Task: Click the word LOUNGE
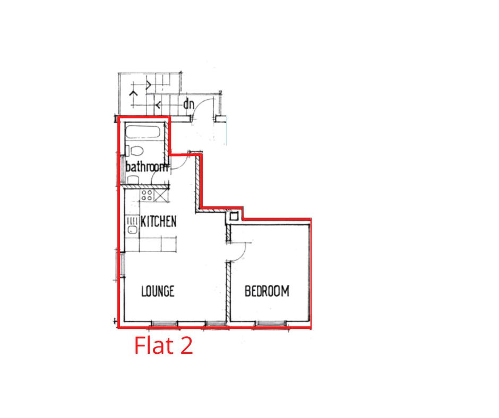tap(158, 291)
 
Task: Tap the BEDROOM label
tap(266, 291)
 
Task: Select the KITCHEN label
tap(159, 221)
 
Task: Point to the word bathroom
tap(147, 167)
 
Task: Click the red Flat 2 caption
tap(164, 345)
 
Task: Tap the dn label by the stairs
tap(188, 104)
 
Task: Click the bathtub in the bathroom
tap(142, 132)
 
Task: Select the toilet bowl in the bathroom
tap(137, 151)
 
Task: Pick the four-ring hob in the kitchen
tap(147, 195)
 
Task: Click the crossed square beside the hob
tap(160, 195)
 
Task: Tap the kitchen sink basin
tap(132, 230)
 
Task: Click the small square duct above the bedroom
tap(234, 217)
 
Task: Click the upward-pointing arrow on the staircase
tap(133, 93)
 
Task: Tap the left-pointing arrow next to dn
tap(158, 104)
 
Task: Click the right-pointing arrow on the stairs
tap(148, 85)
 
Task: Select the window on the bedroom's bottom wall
tap(271, 324)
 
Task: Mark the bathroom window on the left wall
tap(121, 170)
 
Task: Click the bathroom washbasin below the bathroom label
tap(133, 180)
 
